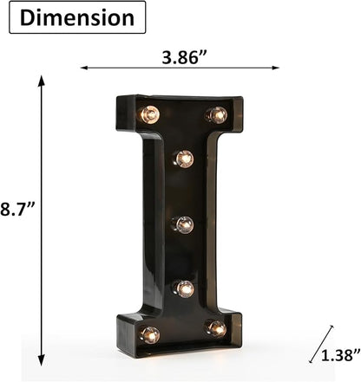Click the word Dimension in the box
tap(77, 18)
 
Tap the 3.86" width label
tap(184, 57)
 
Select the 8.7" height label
tap(17, 209)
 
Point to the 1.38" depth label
tap(341, 354)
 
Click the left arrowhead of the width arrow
tap(84, 68)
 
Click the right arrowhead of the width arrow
tap(276, 68)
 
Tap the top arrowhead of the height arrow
tap(42, 81)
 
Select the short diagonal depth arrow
tap(321, 344)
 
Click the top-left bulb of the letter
tap(150, 114)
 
